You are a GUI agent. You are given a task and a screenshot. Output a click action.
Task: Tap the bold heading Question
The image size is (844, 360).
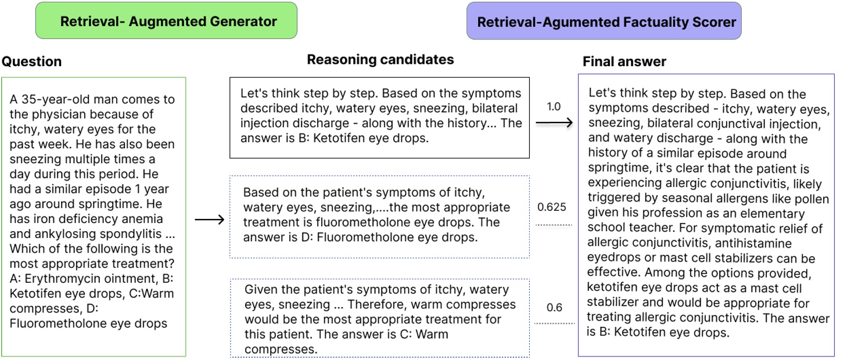click(x=31, y=62)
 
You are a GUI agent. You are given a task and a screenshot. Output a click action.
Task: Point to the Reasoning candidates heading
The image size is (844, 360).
click(x=380, y=59)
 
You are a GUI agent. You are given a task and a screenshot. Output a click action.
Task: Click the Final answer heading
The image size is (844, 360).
click(x=624, y=62)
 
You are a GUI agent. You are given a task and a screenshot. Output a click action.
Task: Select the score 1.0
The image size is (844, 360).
click(x=554, y=107)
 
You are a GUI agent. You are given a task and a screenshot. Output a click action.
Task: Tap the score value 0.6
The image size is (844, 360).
click(x=554, y=308)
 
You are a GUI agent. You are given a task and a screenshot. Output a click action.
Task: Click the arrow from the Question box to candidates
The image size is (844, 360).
click(x=209, y=220)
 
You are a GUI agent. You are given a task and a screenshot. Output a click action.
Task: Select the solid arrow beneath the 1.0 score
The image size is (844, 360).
click(x=554, y=123)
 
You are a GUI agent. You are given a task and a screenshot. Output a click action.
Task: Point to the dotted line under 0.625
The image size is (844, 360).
click(x=554, y=225)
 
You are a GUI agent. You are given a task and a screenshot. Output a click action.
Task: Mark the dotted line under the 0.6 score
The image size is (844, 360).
click(x=554, y=323)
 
